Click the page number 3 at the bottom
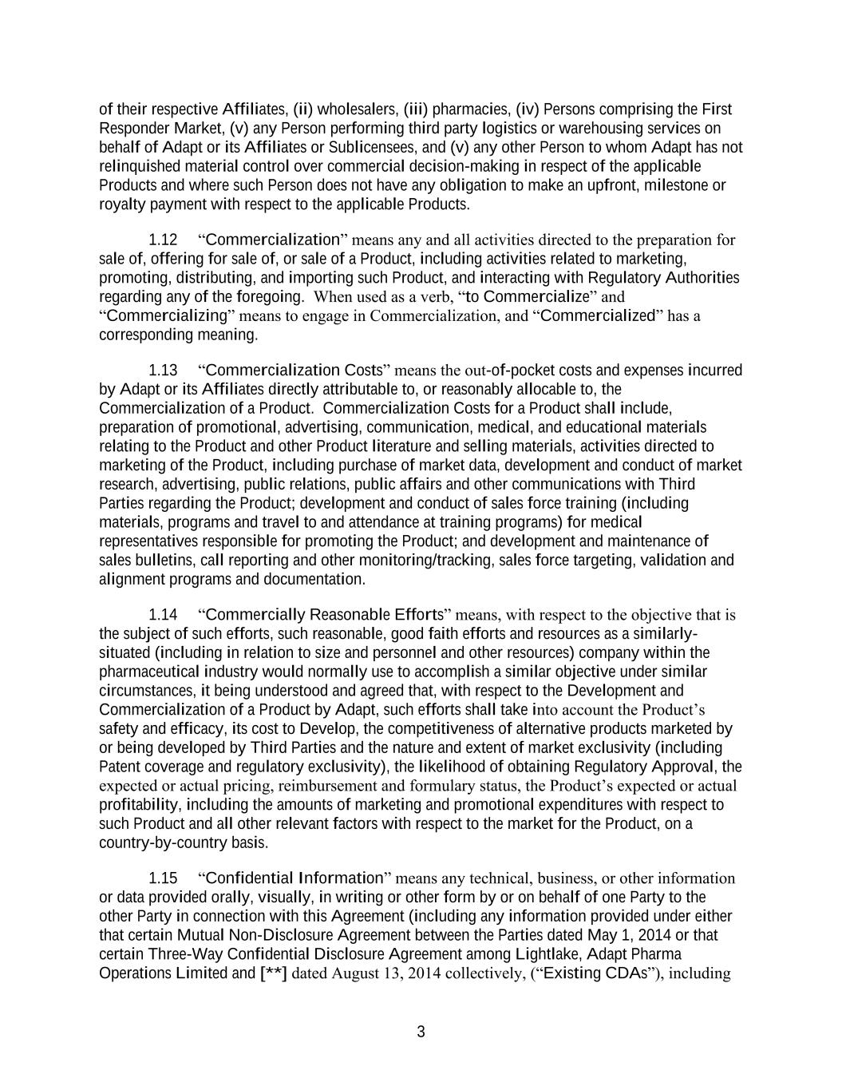421,1032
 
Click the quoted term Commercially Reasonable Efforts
325,615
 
